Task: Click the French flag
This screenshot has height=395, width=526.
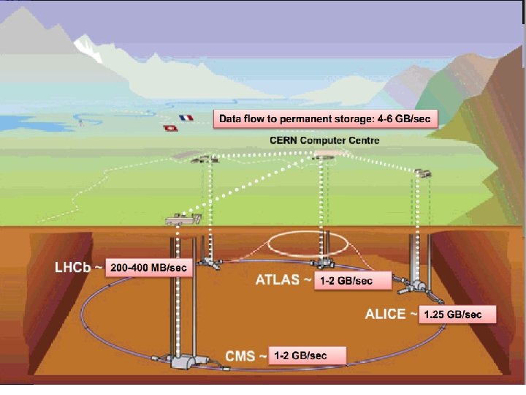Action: click(x=186, y=117)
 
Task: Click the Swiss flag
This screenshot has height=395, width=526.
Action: click(x=169, y=128)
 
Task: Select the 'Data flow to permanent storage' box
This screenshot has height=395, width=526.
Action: click(x=325, y=119)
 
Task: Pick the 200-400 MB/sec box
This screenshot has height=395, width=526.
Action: click(x=149, y=268)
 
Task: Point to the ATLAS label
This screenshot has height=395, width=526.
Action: click(x=279, y=279)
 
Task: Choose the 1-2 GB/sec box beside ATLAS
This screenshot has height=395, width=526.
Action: click(x=347, y=281)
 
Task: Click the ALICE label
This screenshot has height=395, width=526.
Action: click(x=386, y=315)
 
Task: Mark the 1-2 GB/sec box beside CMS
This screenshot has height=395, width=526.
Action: click(x=306, y=356)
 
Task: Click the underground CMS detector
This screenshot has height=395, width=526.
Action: click(x=187, y=360)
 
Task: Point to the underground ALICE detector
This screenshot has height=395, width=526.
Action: click(x=418, y=287)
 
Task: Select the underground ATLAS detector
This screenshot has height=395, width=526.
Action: click(x=321, y=262)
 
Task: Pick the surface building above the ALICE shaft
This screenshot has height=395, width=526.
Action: click(x=422, y=173)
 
